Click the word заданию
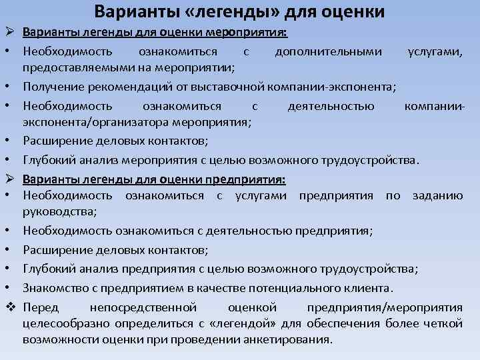[437, 195]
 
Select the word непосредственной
[142, 307]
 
